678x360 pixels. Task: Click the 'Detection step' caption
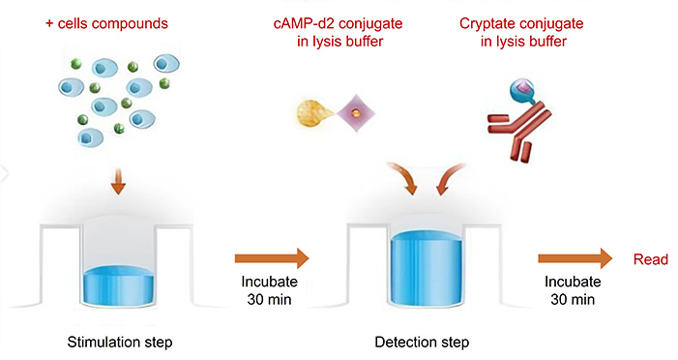pyautogui.click(x=422, y=342)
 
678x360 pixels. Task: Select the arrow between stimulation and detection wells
pyautogui.click(x=270, y=257)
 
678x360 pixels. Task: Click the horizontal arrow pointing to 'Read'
pyautogui.click(x=575, y=258)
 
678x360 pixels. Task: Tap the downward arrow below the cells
pyautogui.click(x=117, y=181)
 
